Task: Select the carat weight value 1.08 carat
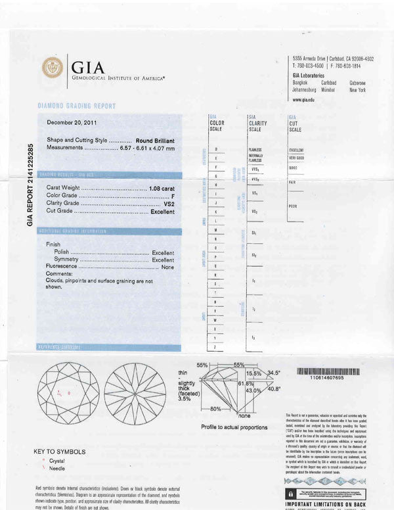pyautogui.click(x=162, y=189)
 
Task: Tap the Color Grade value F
pyautogui.click(x=172, y=196)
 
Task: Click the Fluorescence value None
pyautogui.click(x=167, y=267)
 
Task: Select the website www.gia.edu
pyautogui.click(x=304, y=99)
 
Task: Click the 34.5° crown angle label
pyautogui.click(x=273, y=373)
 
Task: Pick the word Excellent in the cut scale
pyautogui.click(x=296, y=151)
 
